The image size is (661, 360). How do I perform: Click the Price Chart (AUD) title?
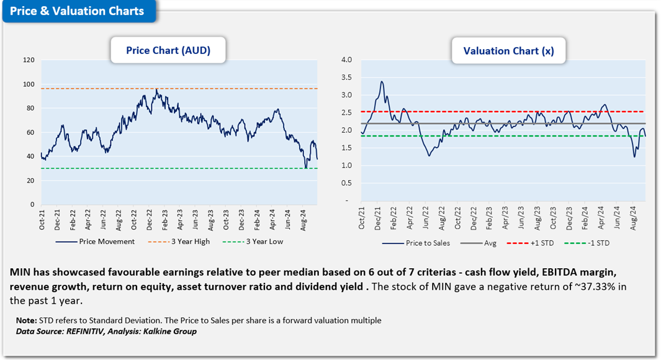pos(168,51)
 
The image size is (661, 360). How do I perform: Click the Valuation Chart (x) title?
pos(508,51)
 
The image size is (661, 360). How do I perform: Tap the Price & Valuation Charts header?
pos(78,11)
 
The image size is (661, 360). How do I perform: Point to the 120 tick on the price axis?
pos(28,60)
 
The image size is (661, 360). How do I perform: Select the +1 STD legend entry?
pos(538,243)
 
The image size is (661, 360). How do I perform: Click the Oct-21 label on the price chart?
pos(42,221)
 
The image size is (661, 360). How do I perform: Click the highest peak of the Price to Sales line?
pos(382,81)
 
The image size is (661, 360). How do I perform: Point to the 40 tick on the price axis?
pos(30,156)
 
